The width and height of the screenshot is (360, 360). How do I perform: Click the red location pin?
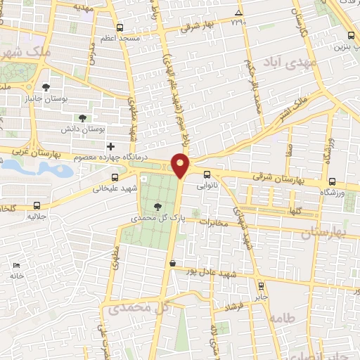click(x=181, y=166)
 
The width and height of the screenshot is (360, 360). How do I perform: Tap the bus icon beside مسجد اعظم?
click(x=119, y=28)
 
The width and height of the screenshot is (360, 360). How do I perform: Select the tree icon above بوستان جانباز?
click(x=46, y=88)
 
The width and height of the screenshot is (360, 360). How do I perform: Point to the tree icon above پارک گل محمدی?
click(x=157, y=206)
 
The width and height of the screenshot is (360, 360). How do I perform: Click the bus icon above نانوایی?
click(x=207, y=175)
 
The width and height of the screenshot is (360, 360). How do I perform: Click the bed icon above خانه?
click(x=16, y=265)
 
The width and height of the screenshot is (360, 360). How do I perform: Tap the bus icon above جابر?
click(x=262, y=286)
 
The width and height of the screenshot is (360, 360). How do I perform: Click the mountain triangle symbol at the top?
click(x=238, y=13)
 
